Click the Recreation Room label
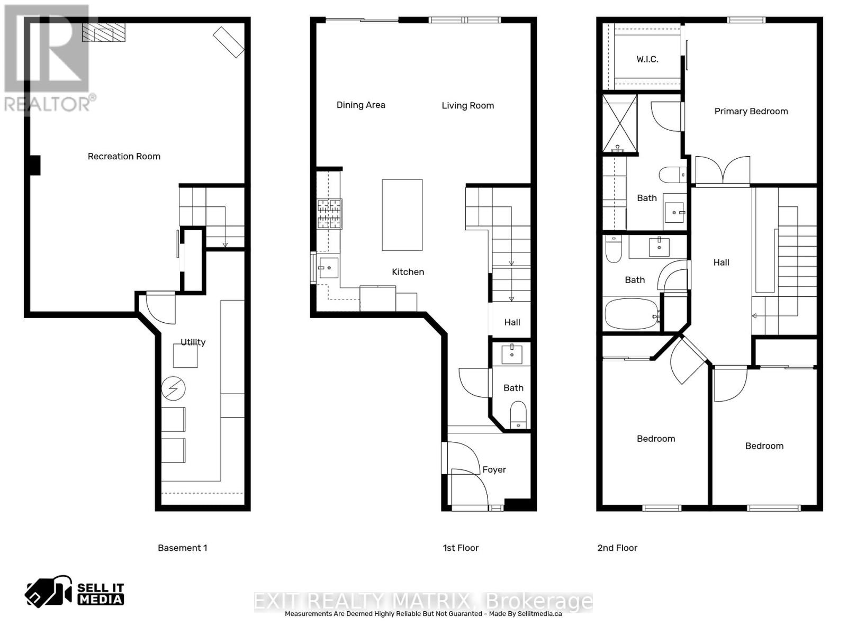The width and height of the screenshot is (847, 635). tap(124, 156)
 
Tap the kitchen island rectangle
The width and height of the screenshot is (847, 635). tap(402, 215)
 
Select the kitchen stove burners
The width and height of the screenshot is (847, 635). tap(329, 214)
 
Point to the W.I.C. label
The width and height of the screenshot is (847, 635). tap(647, 59)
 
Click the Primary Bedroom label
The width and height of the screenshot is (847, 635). tap(751, 111)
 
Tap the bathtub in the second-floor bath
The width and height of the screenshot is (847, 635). tap(632, 315)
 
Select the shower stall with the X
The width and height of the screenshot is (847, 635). tap(620, 123)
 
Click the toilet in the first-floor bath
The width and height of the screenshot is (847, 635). tap(518, 414)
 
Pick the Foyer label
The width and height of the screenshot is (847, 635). tap(494, 469)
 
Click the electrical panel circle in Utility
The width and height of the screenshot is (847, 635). tap(173, 389)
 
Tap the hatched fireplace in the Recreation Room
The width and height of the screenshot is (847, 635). tap(104, 32)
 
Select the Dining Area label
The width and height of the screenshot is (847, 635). tap(361, 105)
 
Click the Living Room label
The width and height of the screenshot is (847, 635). tap(467, 105)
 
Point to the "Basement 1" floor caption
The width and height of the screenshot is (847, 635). tap(182, 548)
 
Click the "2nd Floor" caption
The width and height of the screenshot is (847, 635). tap(617, 548)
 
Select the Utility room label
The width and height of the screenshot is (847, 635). tap(193, 342)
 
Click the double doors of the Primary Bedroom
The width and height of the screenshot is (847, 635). tap(723, 170)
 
